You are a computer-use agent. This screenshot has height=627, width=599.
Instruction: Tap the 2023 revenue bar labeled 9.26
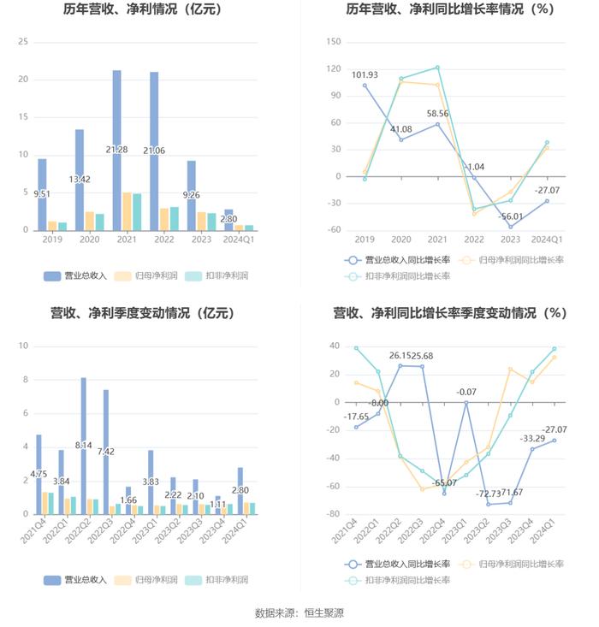191,195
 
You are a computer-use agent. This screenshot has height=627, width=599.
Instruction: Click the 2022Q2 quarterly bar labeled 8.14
83,445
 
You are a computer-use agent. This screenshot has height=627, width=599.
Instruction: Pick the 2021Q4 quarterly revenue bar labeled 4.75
39,474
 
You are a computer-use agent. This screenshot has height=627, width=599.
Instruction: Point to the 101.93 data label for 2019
365,74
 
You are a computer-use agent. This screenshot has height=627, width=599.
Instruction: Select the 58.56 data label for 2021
437,113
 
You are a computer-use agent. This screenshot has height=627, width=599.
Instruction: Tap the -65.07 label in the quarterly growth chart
444,482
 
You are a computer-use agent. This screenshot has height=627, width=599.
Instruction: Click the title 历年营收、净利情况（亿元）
143,10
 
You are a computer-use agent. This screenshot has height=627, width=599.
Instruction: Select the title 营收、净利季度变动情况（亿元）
143,314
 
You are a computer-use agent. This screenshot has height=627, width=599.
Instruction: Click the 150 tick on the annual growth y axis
334,42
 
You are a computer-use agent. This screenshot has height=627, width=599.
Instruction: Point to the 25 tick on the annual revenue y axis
23,42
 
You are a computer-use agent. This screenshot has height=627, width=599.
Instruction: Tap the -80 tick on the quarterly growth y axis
334,514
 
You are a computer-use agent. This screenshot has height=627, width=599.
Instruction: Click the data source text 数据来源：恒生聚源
299,612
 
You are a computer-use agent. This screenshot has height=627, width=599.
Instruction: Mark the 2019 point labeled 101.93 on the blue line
365,86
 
